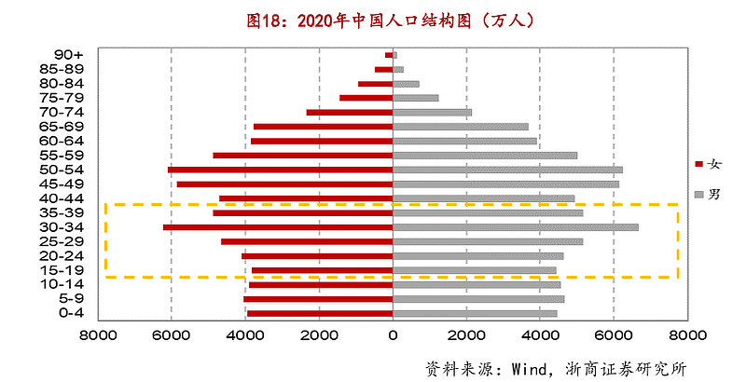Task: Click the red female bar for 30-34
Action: pos(278,227)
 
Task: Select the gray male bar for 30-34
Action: pos(516,227)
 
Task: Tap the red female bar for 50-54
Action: pos(280,170)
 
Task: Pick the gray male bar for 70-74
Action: pos(432,112)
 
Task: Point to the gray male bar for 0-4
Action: pos(475,313)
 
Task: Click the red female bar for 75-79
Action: pos(366,98)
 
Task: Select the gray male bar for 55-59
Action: pos(485,156)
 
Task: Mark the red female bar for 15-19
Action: pos(322,270)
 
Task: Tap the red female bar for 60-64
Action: pos(322,142)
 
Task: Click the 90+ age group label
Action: pos(70,54)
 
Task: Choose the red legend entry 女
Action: pos(709,164)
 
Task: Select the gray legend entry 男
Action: pos(709,194)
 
